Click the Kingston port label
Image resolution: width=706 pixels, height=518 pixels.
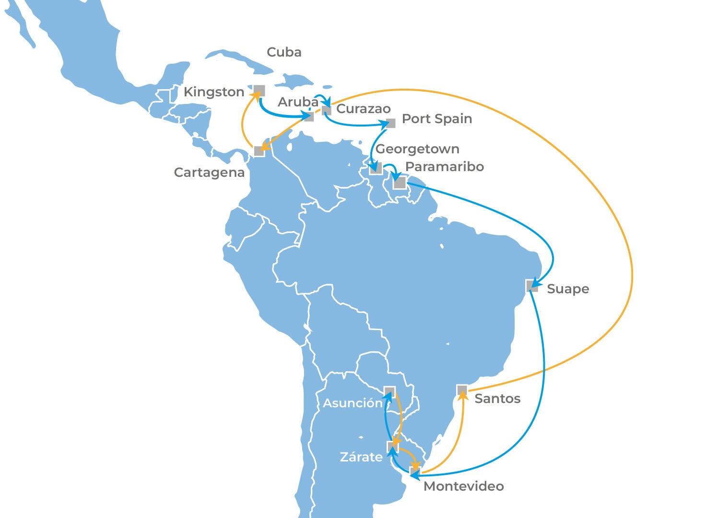coord(214,92)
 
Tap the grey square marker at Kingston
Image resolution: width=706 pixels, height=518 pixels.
coord(259,90)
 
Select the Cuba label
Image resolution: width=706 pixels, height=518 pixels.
coord(284,52)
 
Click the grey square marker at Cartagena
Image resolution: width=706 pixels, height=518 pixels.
coord(259,151)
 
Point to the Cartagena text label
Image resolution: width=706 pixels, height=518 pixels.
coord(209,173)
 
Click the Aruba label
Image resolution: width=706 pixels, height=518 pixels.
coord(298,102)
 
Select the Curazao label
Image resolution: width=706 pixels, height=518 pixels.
coord(364,109)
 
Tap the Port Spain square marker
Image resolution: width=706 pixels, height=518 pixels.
coord(391,123)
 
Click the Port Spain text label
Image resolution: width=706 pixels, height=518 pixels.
coord(436,119)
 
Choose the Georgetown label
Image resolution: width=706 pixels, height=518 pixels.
coord(417,149)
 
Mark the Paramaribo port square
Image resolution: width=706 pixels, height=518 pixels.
coord(400,183)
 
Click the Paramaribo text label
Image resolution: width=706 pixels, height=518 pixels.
coord(444,167)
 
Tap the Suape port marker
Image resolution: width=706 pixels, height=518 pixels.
coord(531,286)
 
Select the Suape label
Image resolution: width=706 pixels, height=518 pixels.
coord(568,289)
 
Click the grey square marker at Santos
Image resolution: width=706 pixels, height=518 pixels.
coord(462,390)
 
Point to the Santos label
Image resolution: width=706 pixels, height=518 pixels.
coord(497,399)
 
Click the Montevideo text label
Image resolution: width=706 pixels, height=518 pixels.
coord(464,486)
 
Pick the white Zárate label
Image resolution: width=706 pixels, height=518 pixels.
coord(361,457)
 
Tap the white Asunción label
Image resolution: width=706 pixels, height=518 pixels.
coord(353,403)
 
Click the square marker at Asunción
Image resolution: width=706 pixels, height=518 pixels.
coord(389,391)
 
